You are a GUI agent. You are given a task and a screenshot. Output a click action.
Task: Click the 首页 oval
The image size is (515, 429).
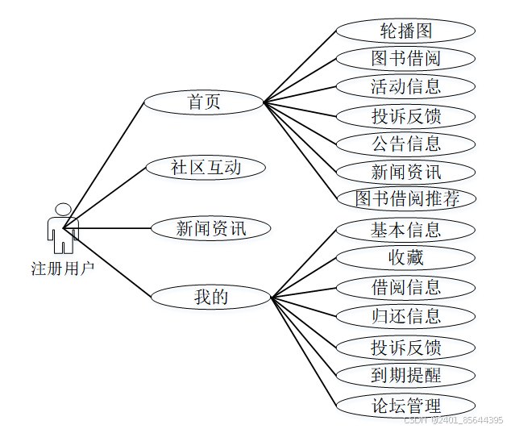pos(204,102)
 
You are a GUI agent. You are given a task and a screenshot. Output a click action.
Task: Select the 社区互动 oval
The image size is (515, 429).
pos(206,168)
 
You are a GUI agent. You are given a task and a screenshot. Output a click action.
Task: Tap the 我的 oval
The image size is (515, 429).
pos(211,297)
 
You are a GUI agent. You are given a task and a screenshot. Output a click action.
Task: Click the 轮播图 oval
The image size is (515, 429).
pos(405,31)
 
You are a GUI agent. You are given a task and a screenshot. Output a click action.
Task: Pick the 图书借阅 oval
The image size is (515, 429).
pos(405,59)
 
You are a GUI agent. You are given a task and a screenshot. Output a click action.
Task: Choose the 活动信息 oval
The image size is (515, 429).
pos(405,86)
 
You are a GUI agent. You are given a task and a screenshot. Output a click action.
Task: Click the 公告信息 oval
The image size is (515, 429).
pos(405,144)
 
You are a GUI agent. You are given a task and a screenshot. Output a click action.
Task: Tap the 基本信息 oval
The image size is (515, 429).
pos(405,230)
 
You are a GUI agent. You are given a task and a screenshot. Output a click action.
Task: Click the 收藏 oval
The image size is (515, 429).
pos(405,258)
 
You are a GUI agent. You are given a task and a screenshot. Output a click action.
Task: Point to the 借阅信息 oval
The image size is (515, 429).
pos(405,287)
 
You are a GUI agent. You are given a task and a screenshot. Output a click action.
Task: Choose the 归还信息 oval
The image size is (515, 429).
pos(405,315)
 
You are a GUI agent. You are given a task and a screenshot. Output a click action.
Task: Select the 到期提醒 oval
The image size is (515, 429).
pos(405,375)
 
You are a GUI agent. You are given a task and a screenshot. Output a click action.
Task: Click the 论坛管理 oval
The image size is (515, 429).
pos(405,405)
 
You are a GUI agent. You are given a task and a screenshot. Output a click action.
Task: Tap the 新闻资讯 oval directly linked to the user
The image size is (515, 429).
pos(211,228)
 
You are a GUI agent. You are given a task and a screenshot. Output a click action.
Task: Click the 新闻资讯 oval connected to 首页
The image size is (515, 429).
pos(405,172)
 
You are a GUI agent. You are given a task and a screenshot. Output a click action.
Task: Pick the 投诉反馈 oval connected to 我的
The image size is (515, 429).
pos(405,348)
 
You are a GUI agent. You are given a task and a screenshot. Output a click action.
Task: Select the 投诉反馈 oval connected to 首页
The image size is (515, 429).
pos(405,115)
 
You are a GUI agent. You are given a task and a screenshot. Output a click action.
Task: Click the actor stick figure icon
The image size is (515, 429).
pos(62,228)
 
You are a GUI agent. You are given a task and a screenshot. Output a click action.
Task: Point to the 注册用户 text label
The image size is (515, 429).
pos(63,268)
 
